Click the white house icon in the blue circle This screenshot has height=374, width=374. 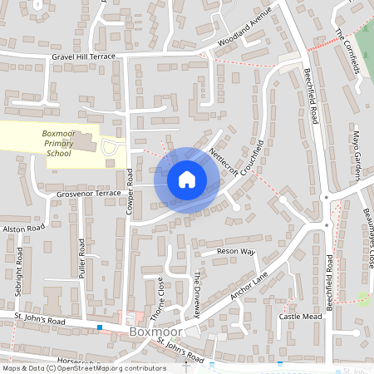point(186,180)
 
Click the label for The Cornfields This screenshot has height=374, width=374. point(348,51)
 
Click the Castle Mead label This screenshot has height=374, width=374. point(300,317)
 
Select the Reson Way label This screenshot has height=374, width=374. point(235,251)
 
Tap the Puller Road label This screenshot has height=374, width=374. point(81,258)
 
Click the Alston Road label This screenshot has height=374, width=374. point(24,228)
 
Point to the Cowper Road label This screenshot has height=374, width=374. point(130,194)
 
